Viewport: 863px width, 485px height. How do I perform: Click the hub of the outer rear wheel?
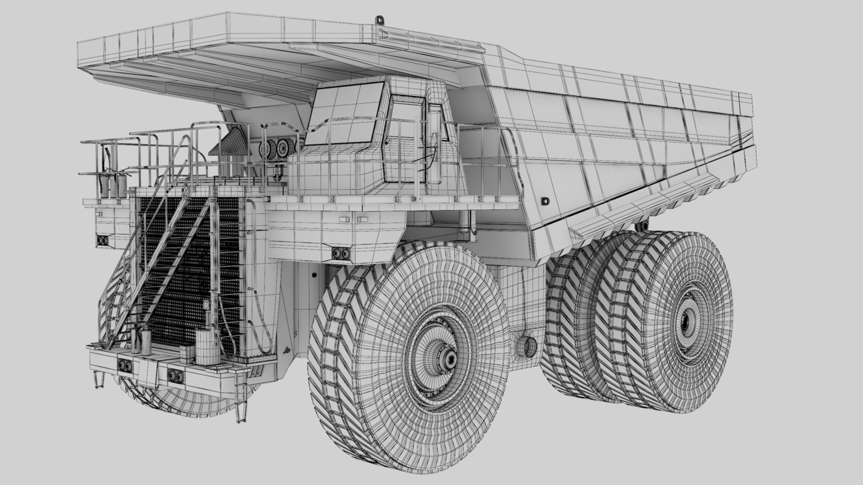(x=687, y=320)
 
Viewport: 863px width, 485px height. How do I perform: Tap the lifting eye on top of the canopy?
(x=380, y=20)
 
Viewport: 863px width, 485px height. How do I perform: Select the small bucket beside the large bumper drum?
(x=185, y=354)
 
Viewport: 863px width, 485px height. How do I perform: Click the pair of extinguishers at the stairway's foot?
(x=141, y=342)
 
